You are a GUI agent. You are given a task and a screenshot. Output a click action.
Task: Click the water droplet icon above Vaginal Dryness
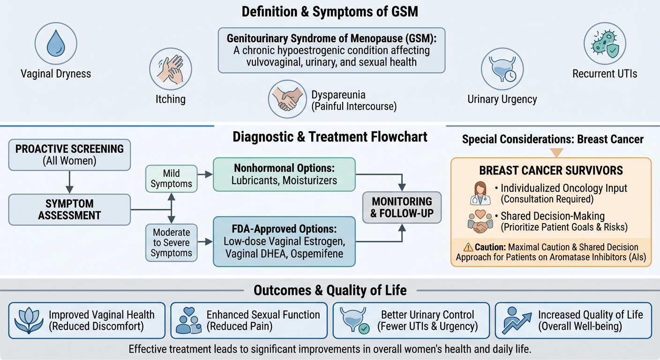[x=55, y=45]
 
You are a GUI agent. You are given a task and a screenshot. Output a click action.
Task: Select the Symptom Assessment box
[x=69, y=210]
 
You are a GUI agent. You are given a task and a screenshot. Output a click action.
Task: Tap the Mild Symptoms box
[x=171, y=178]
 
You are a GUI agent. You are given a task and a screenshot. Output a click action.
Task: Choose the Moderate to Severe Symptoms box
[x=172, y=243]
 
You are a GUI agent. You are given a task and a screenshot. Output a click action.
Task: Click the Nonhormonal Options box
[x=284, y=174]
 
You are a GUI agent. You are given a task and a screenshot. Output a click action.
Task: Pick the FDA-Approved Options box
[x=284, y=241]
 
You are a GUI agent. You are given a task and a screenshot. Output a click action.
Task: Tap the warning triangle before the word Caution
[x=468, y=247]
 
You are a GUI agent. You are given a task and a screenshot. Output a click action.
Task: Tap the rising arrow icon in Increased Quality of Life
[x=517, y=321]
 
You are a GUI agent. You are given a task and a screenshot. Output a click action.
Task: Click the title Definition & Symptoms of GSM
[x=330, y=11]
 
